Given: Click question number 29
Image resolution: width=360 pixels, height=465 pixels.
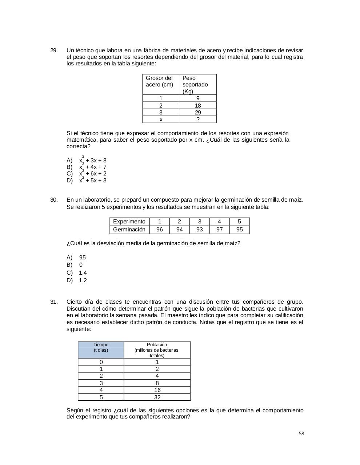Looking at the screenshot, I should pos(53,50).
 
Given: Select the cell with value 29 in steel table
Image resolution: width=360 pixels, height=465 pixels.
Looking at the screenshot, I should pos(198,113).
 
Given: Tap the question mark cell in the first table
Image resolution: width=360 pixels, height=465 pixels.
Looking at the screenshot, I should pos(198,120).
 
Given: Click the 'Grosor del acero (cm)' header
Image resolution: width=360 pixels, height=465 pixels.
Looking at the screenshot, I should pos(160,81).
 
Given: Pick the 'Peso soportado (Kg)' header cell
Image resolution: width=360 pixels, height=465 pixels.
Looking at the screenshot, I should pos(197,84).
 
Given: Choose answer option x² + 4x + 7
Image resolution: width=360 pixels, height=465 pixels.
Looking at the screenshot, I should pos(93,167).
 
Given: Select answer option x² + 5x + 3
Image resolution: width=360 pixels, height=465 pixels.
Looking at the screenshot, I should pos(93,181).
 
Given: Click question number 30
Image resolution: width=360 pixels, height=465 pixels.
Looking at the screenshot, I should pos(53,200).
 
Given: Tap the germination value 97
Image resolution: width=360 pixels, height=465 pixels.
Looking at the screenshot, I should pos(219,230).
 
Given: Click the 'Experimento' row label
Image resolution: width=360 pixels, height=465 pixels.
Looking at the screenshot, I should pos(129,222).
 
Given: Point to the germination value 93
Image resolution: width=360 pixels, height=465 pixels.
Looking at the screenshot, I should pos(199,230).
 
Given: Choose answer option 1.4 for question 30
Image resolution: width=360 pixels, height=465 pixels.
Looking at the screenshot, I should pos(83,273).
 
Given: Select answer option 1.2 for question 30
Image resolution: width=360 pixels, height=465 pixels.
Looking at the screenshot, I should pos(83,280).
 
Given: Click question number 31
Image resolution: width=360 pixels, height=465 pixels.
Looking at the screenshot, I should pos(53,302).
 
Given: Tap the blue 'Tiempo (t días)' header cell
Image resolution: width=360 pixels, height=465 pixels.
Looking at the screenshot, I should pos(101,348).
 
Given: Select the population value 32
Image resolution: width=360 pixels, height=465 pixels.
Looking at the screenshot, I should pos(157,397).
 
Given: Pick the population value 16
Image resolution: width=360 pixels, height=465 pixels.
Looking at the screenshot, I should pos(157,390).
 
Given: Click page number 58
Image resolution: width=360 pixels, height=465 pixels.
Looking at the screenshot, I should pos(301,434).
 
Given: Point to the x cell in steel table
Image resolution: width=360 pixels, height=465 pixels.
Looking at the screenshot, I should pos(161,120).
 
